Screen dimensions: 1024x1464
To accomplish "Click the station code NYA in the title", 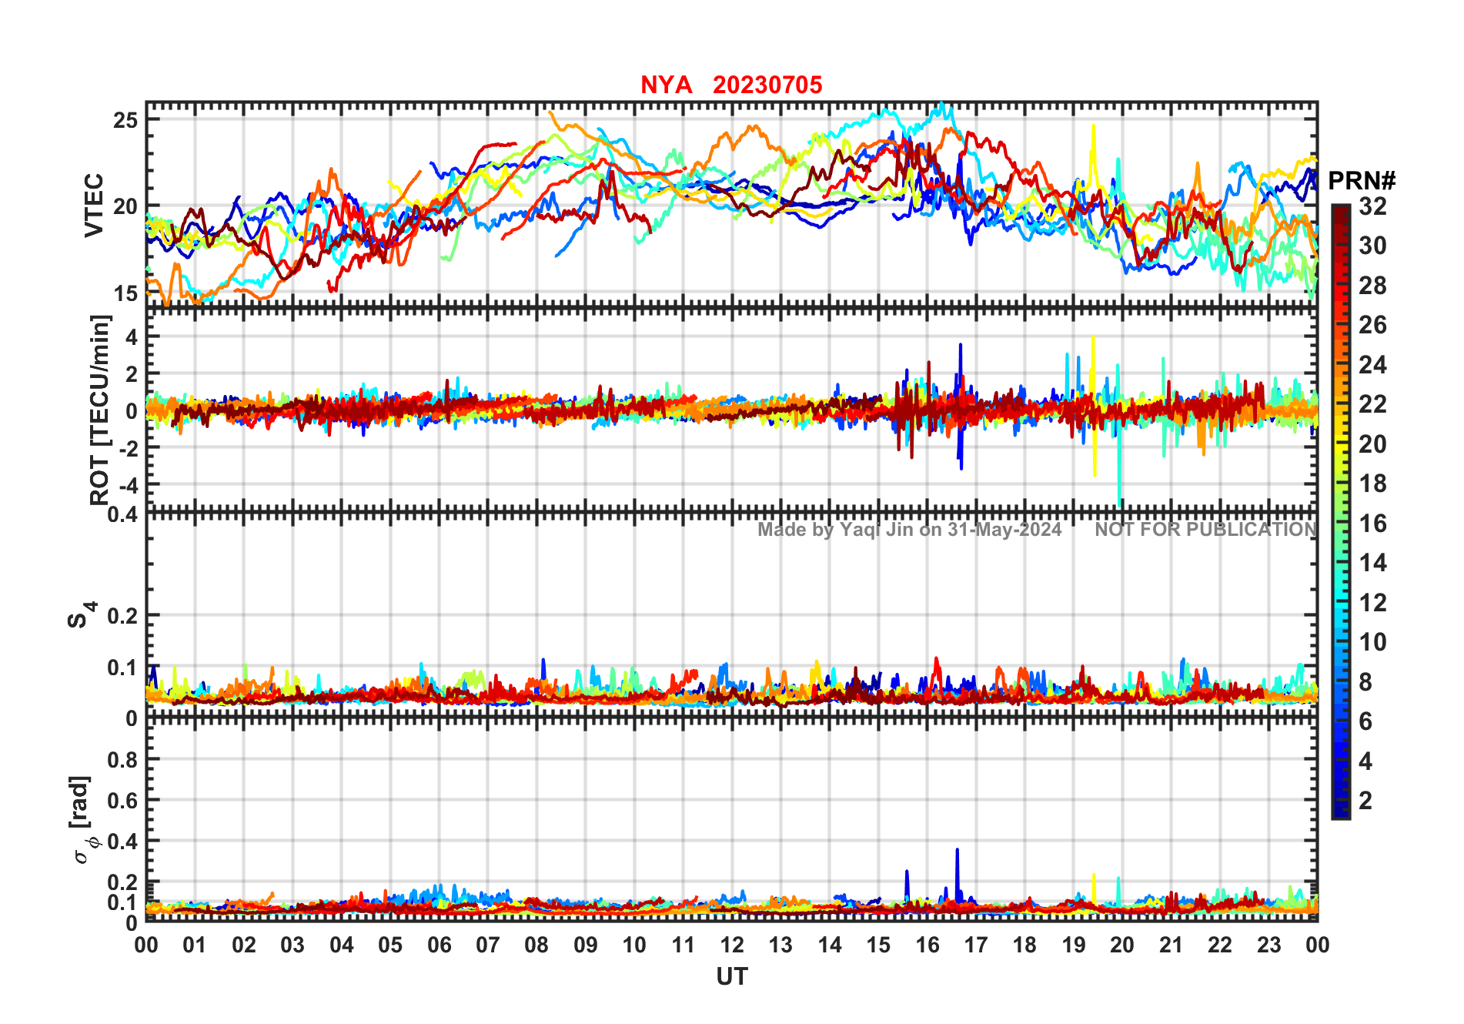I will (x=666, y=85).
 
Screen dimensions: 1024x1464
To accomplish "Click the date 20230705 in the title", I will (x=767, y=85).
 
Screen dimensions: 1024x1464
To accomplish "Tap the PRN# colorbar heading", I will (x=1362, y=181).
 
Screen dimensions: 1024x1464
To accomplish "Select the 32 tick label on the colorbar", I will (x=1372, y=206).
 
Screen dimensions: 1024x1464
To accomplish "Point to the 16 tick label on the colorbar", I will (x=1372, y=524).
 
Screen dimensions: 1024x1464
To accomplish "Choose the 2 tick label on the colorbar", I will (x=1365, y=801).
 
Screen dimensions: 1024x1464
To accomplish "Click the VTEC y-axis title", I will (x=94, y=205).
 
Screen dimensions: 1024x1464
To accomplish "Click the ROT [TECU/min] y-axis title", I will (x=100, y=410).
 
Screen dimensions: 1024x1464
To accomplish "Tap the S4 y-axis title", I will (x=81, y=616).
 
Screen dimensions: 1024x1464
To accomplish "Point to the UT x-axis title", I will (x=731, y=977).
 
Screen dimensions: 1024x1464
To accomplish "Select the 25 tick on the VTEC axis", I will (x=125, y=120).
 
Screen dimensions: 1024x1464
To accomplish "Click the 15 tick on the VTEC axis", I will (x=125, y=293).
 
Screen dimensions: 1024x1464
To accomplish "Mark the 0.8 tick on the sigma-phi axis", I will (x=122, y=760).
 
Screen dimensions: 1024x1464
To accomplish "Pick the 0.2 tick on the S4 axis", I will (x=122, y=616).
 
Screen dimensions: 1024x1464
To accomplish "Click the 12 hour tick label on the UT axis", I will (x=732, y=945).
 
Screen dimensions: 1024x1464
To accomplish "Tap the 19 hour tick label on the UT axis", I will (x=1074, y=945).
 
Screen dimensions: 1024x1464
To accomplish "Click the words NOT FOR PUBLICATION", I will (x=1205, y=530).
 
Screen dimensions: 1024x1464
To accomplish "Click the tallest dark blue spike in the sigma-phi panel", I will (x=957, y=850).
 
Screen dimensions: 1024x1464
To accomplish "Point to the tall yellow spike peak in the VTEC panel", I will (x=1093, y=125).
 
